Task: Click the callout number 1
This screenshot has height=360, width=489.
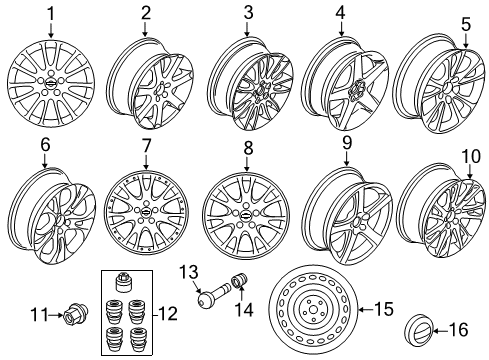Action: tap(51, 14)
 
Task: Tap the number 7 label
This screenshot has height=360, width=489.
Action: tap(146, 146)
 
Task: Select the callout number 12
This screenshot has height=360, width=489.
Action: tap(169, 314)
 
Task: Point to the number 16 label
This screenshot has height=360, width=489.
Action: tap(459, 330)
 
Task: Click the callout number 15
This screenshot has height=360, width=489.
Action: tap(384, 309)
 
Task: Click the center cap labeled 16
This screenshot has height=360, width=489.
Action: tap(419, 330)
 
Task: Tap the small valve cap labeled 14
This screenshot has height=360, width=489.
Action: tap(239, 279)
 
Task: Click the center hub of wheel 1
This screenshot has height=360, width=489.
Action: tap(51, 84)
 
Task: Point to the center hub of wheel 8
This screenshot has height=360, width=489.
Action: tap(246, 215)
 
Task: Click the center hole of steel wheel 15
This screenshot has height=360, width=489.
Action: tap(313, 310)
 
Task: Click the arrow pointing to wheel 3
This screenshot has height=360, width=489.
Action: tap(247, 29)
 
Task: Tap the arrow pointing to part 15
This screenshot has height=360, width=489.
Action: tap(365, 309)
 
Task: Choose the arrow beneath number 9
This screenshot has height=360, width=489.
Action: tap(347, 159)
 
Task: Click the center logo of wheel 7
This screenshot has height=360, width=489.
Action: tap(146, 211)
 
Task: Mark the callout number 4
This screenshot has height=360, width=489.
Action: tap(340, 13)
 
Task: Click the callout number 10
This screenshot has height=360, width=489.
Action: tap(471, 156)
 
